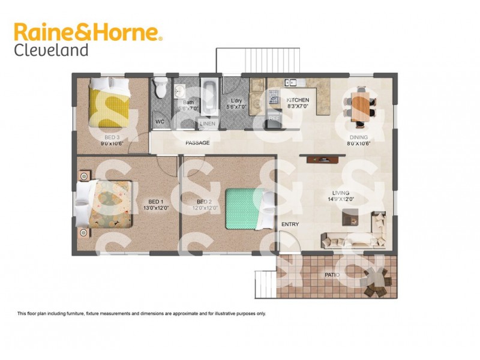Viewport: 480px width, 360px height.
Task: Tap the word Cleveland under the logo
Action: (51, 50)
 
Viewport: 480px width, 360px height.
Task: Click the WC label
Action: (160, 121)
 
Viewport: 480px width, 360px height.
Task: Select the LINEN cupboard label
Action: (208, 124)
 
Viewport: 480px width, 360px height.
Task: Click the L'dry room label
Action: (236, 101)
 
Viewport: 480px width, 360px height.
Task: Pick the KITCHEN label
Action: (298, 100)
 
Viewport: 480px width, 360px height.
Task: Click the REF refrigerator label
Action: (274, 119)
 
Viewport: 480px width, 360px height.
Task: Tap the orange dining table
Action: (360, 107)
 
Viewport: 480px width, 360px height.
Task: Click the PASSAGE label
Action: (197, 143)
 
